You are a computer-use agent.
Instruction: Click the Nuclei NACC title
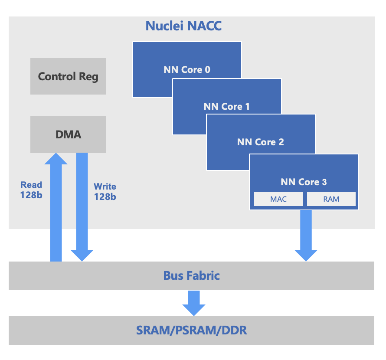coord(183,26)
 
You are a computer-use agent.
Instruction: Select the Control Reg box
coord(68,76)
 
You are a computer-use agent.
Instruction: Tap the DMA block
coord(68,134)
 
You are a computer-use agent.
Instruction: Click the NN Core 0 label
coord(187,69)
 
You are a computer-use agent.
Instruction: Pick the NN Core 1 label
coord(227,106)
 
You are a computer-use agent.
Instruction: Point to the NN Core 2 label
coord(260,142)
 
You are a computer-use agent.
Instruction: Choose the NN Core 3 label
coord(304,182)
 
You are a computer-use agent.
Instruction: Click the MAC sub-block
coord(278,199)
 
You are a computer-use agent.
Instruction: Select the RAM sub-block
coord(331,199)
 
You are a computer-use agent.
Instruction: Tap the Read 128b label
coord(31,190)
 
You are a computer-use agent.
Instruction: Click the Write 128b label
coord(105,191)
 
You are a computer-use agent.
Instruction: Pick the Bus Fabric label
coord(191,275)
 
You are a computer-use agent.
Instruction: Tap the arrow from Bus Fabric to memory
coord(193,303)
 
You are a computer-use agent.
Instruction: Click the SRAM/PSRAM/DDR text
coord(191,330)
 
